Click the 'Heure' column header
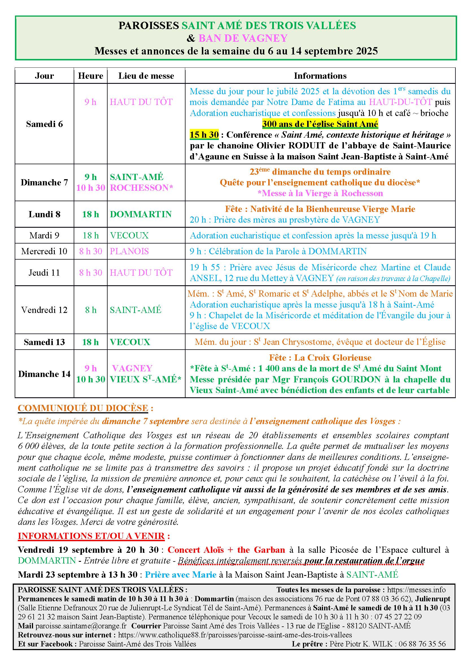(x=91, y=76)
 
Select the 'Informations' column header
(x=320, y=76)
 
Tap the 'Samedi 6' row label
(x=44, y=124)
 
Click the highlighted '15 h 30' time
(x=204, y=135)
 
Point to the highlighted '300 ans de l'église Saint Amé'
(x=320, y=124)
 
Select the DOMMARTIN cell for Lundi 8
(x=141, y=214)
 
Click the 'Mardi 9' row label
(x=44, y=235)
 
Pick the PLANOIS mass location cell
(x=129, y=251)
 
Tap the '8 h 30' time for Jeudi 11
(x=91, y=273)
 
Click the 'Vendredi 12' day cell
(x=44, y=310)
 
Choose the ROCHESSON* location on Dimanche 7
(x=141, y=188)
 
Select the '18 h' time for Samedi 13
(x=91, y=342)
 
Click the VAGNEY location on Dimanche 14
(x=132, y=368)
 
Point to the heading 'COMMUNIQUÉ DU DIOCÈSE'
(x=83, y=408)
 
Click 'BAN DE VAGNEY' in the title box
(x=243, y=38)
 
